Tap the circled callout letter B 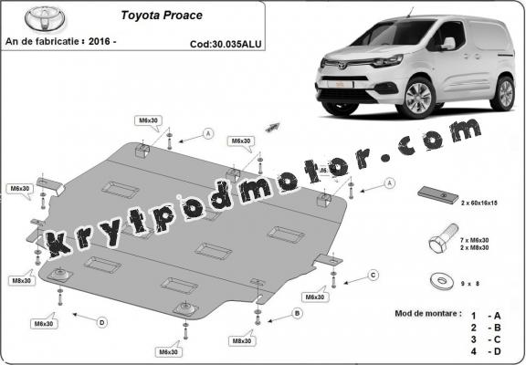[x=297, y=313]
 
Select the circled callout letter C [x=373, y=275]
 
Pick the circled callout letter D [x=101, y=321]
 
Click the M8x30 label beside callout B [x=242, y=340]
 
